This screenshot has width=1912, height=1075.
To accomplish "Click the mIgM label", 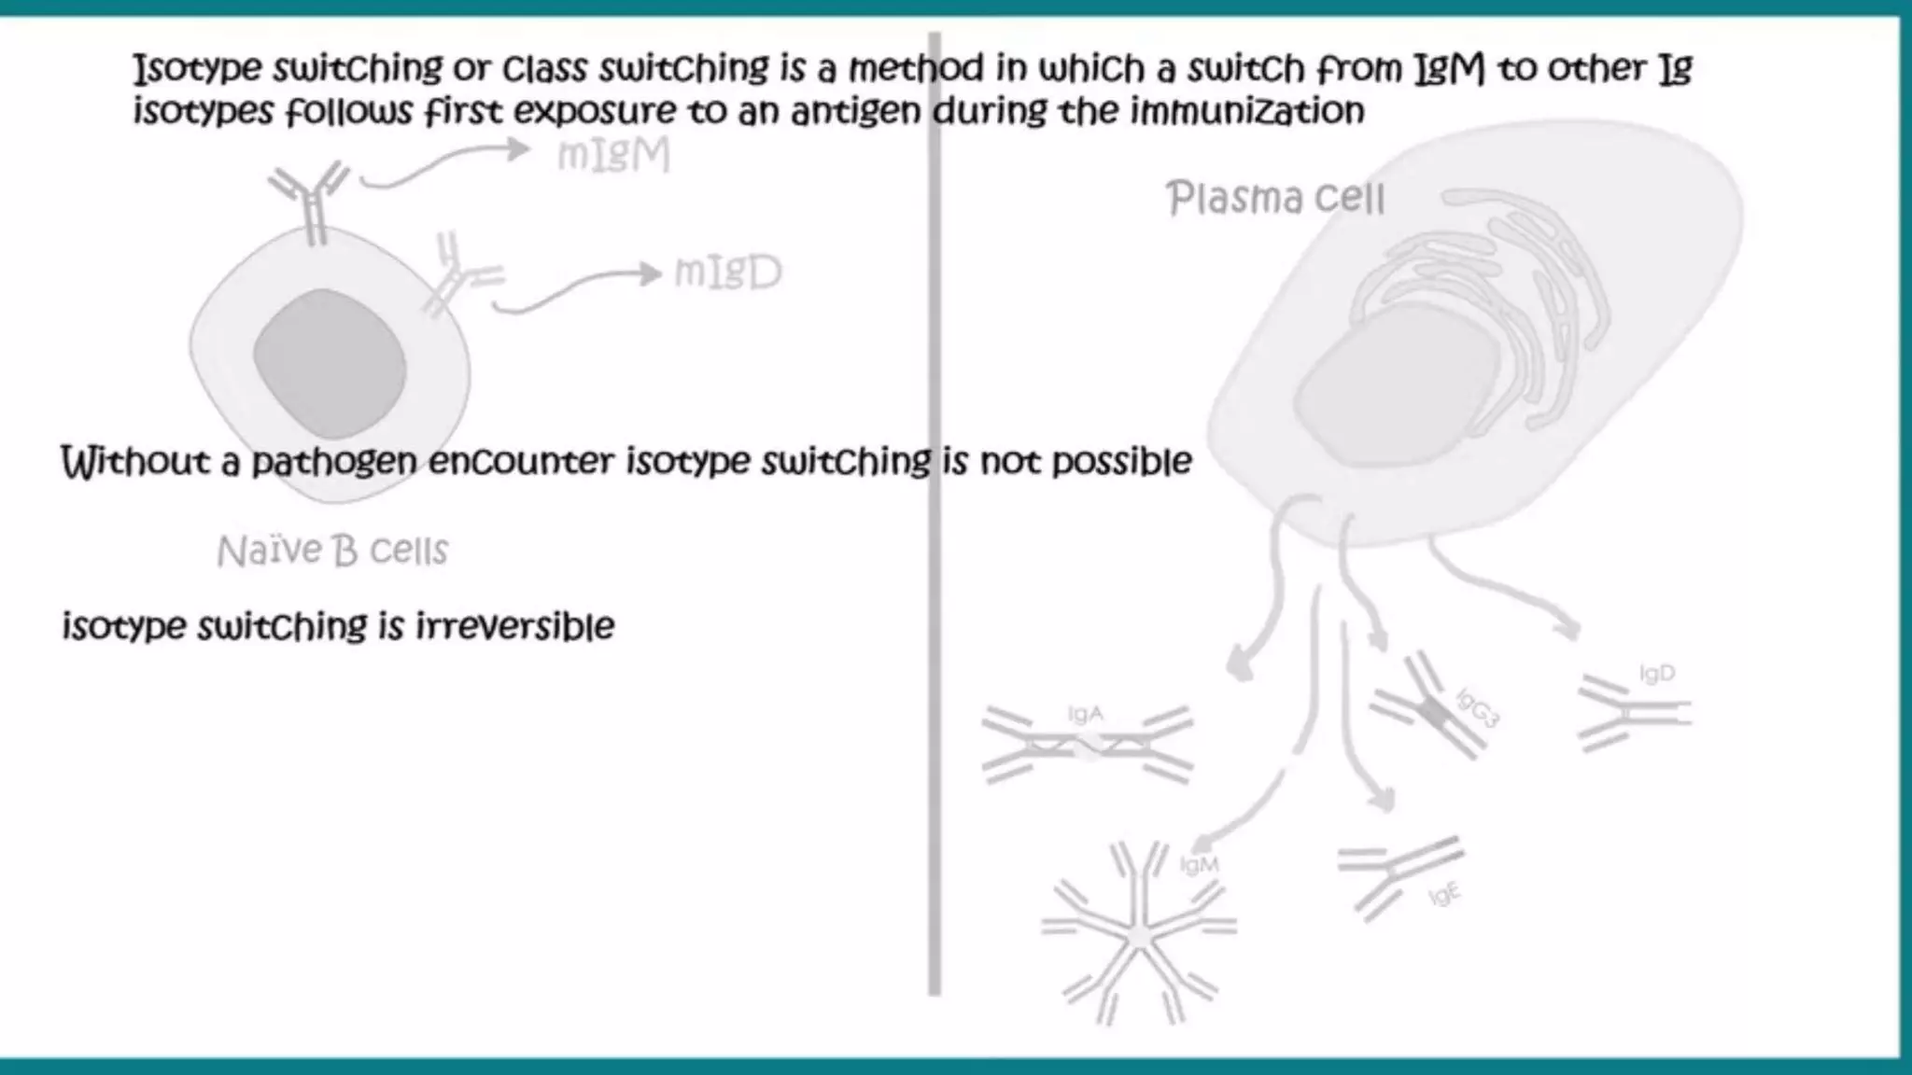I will tap(613, 156).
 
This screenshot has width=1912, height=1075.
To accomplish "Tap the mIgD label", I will tap(727, 272).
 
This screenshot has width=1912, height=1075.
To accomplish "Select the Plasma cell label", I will tap(1274, 199).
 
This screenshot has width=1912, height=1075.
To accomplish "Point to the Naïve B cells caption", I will tap(332, 551).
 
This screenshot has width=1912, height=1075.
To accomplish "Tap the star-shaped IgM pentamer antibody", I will tap(1138, 933).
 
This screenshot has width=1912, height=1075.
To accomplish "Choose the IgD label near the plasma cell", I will tap(1657, 674).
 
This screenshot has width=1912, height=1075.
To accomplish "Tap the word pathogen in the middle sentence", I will tap(333, 462).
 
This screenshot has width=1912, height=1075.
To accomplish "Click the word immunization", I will tap(1247, 112).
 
